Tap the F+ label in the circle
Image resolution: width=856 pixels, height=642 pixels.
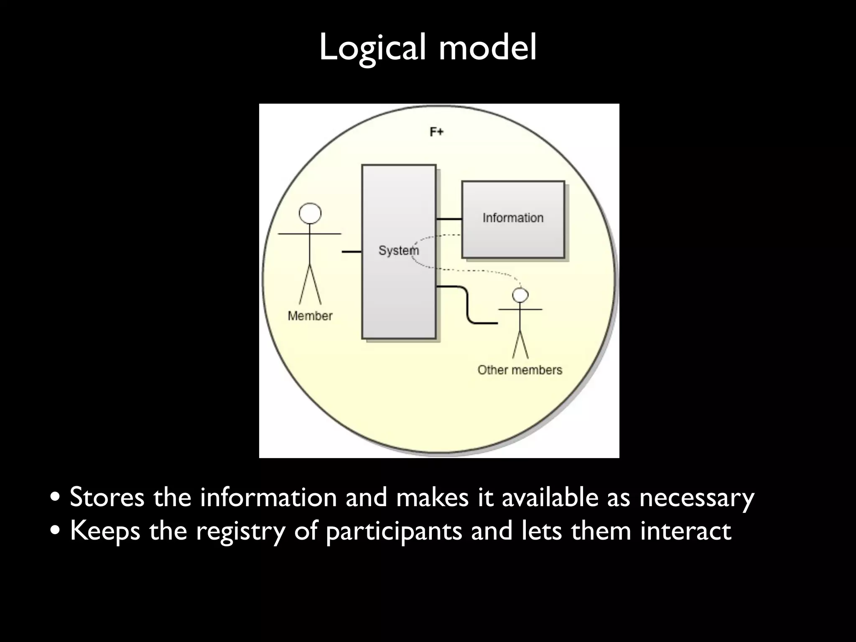tap(436, 132)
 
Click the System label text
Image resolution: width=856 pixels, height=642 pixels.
tap(398, 250)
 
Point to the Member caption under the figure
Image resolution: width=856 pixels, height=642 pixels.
tap(310, 316)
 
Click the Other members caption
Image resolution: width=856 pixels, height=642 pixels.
tap(520, 370)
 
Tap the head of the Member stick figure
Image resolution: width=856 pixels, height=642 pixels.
tap(310, 214)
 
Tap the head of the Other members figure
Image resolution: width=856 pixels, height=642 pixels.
tap(520, 295)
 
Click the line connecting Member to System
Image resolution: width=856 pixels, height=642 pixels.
tap(351, 252)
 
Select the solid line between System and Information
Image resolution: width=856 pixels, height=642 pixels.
tap(449, 219)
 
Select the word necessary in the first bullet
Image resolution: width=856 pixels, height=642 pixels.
tap(696, 497)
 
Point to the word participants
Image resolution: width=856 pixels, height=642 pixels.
tap(393, 531)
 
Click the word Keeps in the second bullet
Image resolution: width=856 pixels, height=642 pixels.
tap(105, 531)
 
